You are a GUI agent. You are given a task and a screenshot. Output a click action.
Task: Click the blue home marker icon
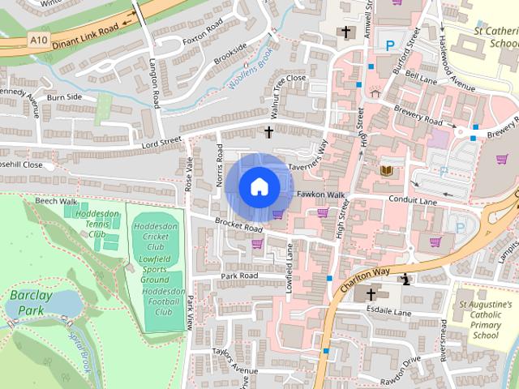[259, 186]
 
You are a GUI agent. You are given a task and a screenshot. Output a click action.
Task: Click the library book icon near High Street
[386, 170]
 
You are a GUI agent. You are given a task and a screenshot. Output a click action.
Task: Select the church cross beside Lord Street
[268, 130]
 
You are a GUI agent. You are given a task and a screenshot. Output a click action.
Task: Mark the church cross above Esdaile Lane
[372, 295]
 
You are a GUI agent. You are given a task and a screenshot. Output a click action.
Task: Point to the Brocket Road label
[234, 225]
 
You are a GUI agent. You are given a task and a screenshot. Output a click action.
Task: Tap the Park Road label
[239, 276]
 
